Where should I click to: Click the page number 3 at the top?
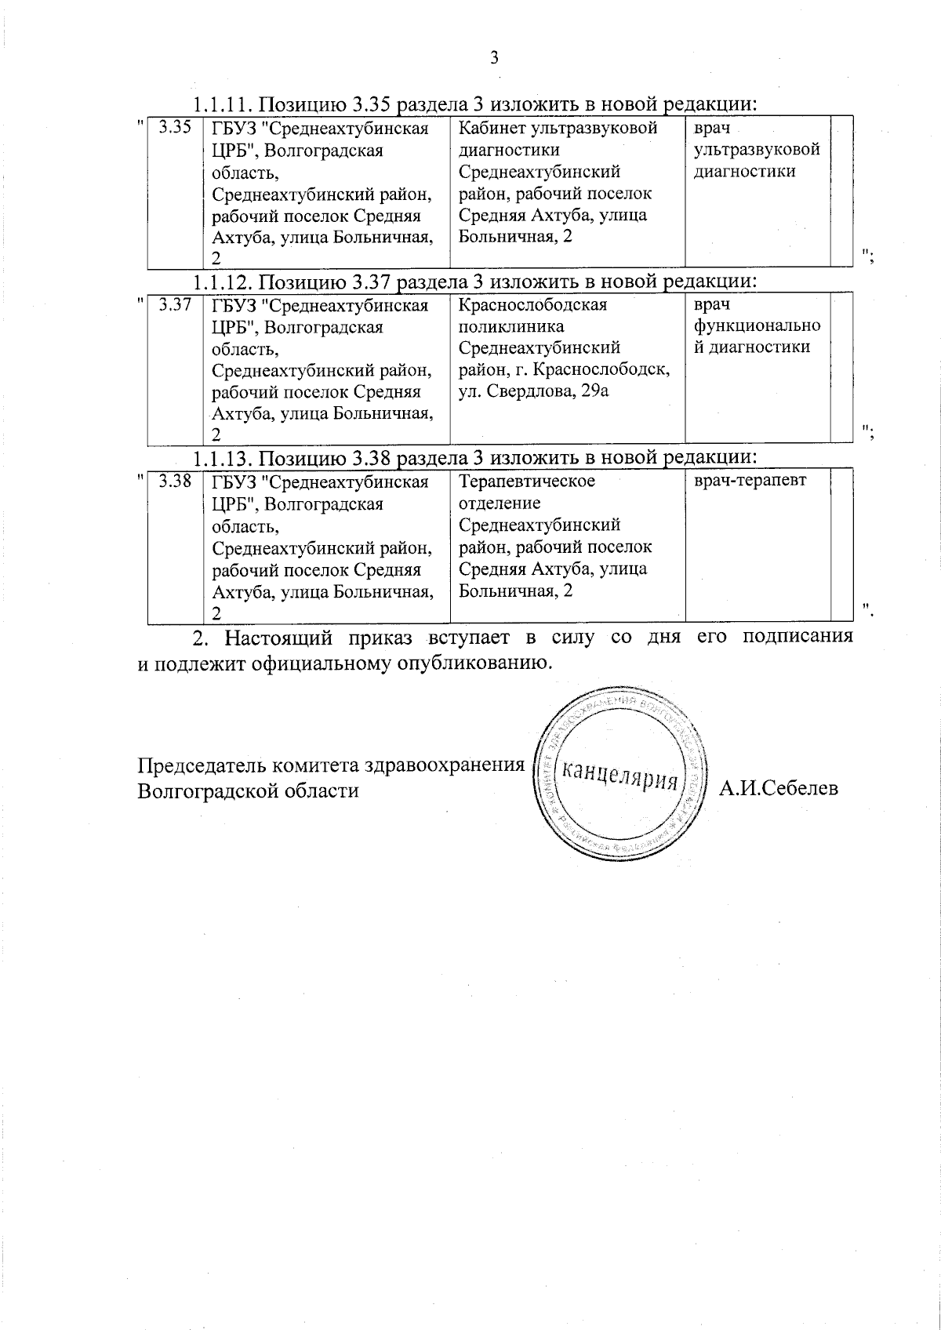[494, 57]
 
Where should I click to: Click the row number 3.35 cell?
[175, 128]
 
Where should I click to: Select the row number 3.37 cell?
[175, 305]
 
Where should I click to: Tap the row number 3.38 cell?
[175, 481]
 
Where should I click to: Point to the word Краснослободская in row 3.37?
[532, 305]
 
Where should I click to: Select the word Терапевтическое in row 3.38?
[527, 481]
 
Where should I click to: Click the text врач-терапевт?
[750, 481]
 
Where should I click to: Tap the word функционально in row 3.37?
[757, 326]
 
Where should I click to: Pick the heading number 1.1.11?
[222, 104]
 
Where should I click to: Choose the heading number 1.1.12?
[222, 282]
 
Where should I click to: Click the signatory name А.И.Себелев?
[779, 787]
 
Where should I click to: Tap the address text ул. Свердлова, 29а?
[533, 391]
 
